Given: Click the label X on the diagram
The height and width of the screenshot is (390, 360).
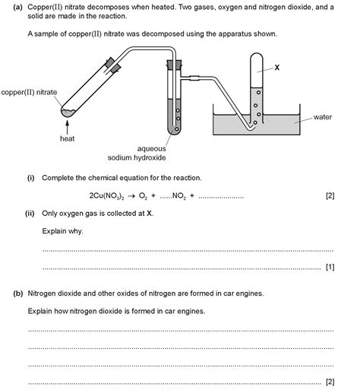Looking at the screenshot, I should click(277, 68).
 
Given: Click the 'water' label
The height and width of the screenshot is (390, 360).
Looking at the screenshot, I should click(324, 117).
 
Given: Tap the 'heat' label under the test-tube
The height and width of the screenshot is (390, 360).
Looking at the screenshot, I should click(68, 138).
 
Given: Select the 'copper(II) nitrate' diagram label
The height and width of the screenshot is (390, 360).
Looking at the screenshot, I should click(30, 92).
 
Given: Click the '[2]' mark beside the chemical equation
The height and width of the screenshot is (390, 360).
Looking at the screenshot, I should click(330, 195).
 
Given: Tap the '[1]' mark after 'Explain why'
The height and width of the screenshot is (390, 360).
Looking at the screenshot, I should click(330, 267).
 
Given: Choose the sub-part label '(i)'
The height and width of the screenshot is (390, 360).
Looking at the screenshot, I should click(31, 178).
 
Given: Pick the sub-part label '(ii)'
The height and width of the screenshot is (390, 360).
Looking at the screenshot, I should click(30, 214).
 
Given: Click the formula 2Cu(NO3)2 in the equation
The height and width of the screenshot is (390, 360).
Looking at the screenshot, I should click(99, 195).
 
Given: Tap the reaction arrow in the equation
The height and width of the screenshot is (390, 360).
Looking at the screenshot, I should click(131, 195).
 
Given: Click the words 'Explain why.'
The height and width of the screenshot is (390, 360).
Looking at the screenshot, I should click(63, 231).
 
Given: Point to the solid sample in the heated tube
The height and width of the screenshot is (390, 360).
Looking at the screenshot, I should click(68, 112).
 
